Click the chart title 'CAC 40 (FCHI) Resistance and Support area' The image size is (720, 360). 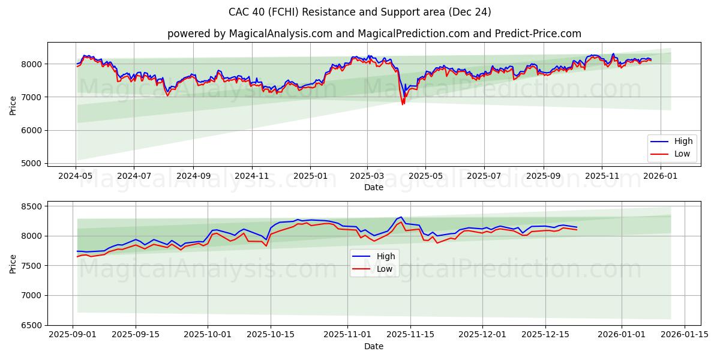pyautogui.click(x=359, y=12)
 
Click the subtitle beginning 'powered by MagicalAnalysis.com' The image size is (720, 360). pyautogui.click(x=374, y=34)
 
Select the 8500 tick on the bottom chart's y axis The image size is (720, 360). pyautogui.click(x=31, y=206)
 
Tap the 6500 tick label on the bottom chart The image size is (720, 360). pyautogui.click(x=31, y=325)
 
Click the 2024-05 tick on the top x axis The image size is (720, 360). pyautogui.click(x=76, y=176)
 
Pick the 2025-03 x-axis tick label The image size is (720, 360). pyautogui.click(x=367, y=176)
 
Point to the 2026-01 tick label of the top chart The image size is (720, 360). pyautogui.click(x=661, y=176)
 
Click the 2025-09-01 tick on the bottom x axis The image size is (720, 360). pyautogui.click(x=73, y=335)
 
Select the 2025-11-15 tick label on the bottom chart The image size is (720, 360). pyautogui.click(x=410, y=335)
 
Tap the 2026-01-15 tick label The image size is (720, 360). pyautogui.click(x=685, y=335)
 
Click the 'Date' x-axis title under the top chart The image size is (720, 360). pyautogui.click(x=374, y=187)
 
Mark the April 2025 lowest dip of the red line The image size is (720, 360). pyautogui.click(x=403, y=104)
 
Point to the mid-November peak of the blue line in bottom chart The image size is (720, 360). pyautogui.click(x=401, y=217)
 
